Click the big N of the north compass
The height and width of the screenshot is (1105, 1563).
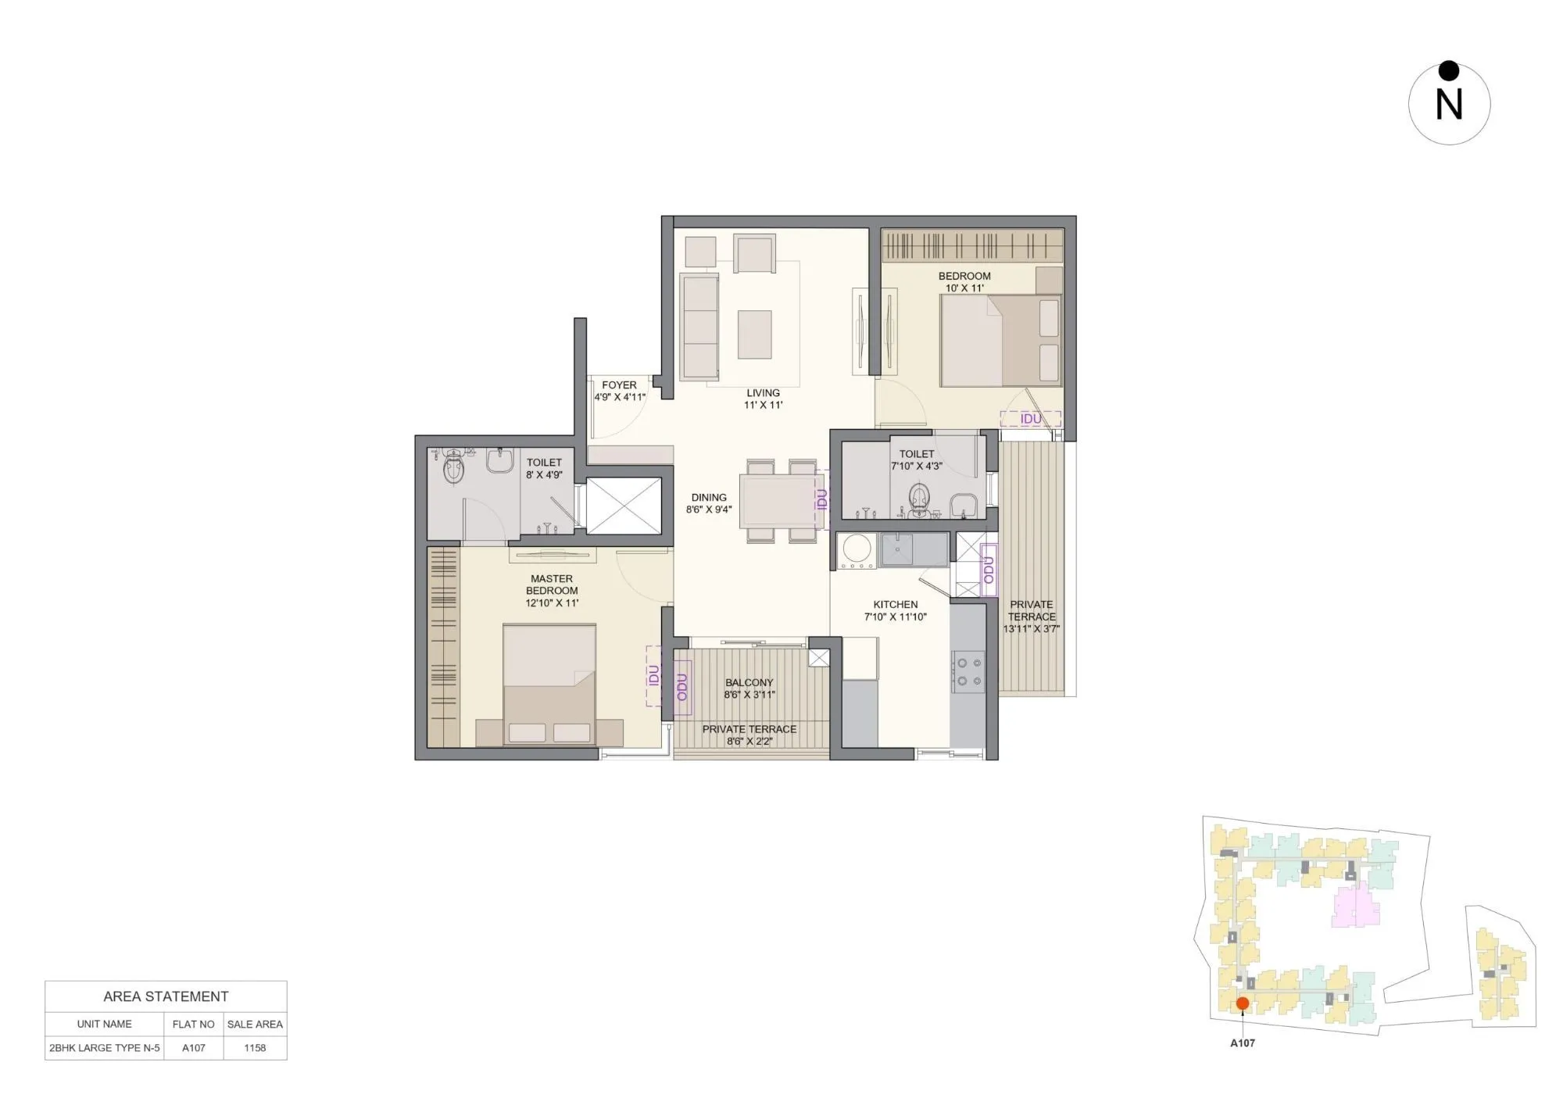(x=1449, y=105)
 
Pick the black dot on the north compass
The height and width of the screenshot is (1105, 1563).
(x=1449, y=71)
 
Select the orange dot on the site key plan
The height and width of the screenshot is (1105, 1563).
(x=1243, y=1003)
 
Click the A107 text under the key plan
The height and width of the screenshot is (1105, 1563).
(x=1243, y=1042)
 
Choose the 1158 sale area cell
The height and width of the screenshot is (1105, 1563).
(x=255, y=1048)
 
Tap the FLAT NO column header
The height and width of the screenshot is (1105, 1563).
(x=193, y=1024)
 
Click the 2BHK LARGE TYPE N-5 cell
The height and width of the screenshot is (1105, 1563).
(x=105, y=1048)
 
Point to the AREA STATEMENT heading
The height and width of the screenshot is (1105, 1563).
(x=166, y=996)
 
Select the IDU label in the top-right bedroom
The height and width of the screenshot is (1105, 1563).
(x=1031, y=419)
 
